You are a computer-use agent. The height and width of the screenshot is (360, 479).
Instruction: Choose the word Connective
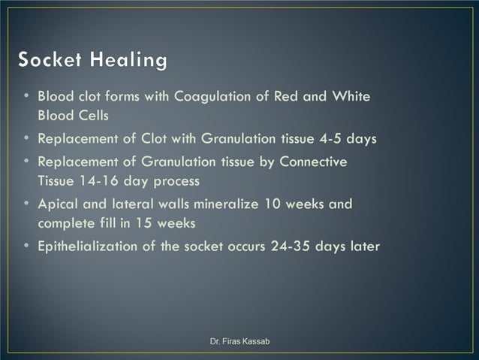312,162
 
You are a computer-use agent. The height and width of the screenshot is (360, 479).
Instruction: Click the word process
173,181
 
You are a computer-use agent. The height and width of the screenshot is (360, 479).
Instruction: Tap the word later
362,247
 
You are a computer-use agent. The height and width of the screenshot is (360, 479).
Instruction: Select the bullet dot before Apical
26,204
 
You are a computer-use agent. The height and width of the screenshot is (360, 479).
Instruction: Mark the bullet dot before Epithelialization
26,247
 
